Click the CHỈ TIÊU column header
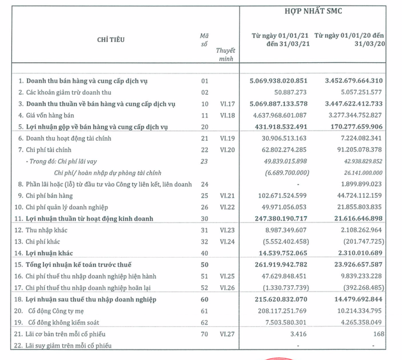111,40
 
